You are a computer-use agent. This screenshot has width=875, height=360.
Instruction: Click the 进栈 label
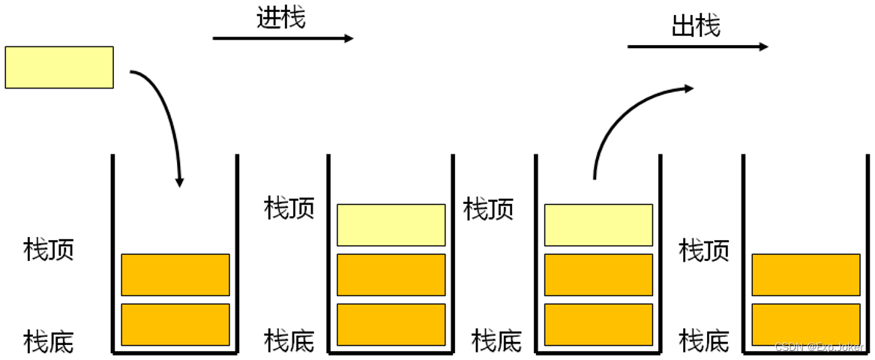pos(281,18)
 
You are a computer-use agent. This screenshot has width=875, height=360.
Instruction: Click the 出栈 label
pos(696,26)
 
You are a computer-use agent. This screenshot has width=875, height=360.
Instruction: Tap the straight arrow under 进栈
pos(283,38)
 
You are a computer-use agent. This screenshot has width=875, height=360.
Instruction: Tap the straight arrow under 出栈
pos(697,47)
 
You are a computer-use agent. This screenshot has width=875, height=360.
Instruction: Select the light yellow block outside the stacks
pos(59,67)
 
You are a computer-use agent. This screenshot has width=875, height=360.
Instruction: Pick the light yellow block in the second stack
pos(391,225)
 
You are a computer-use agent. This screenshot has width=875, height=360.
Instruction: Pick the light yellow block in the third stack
pos(598,225)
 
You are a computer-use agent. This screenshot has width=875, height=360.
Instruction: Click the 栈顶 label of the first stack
pos(49,250)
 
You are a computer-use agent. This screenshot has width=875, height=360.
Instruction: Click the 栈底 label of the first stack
pos(49,341)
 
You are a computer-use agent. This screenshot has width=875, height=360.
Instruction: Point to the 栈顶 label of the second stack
pos(289,208)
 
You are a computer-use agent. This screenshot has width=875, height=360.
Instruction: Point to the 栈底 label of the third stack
pos(496,341)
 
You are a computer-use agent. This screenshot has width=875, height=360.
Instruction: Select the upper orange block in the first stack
pos(175,274)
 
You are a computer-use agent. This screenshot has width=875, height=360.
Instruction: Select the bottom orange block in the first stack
pos(175,325)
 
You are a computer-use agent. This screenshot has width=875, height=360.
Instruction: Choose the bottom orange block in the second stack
pos(391,325)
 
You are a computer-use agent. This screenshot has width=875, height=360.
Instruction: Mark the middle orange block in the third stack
pos(598,274)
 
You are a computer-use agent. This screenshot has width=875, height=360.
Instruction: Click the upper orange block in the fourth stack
pos(806,274)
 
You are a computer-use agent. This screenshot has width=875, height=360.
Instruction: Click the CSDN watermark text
pos(820,346)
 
